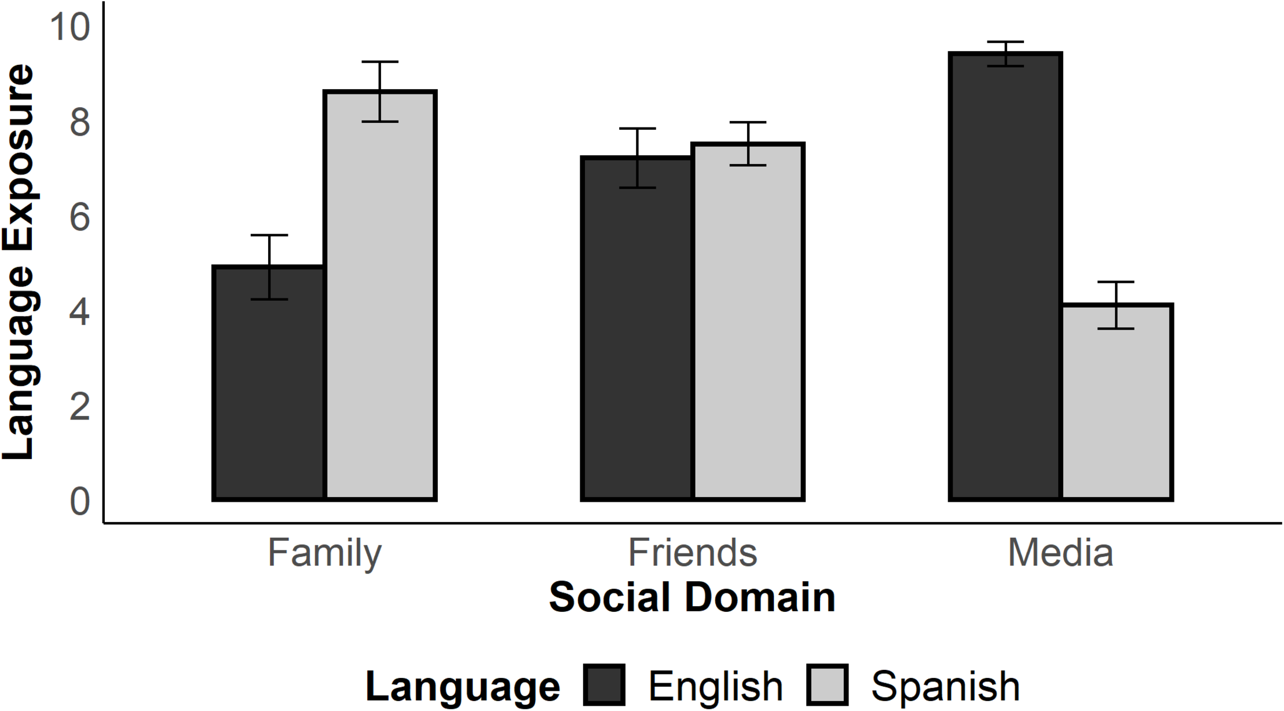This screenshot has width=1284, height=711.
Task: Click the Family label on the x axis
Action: pos(324,553)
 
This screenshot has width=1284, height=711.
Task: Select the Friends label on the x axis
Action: pos(693,553)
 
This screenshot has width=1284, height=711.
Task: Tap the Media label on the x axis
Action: pos(1060,553)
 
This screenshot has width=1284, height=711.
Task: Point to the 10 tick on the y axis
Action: pos(71,27)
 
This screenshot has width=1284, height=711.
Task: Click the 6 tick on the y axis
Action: pos(80,218)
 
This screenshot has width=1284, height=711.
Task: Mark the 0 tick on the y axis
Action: pos(80,502)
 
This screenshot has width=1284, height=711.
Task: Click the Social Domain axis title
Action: pos(692,597)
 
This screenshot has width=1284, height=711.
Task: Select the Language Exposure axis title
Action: pos(19,262)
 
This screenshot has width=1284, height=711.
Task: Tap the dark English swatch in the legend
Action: pos(604,686)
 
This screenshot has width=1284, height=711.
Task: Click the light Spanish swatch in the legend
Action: pos(827,686)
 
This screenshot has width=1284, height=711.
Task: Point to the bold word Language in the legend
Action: pos(463,687)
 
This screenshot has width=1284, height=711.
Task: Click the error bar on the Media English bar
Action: pos(1005,54)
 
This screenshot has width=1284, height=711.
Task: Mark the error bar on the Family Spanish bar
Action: pos(380,91)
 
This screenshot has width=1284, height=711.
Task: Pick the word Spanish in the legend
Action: pos(945,687)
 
